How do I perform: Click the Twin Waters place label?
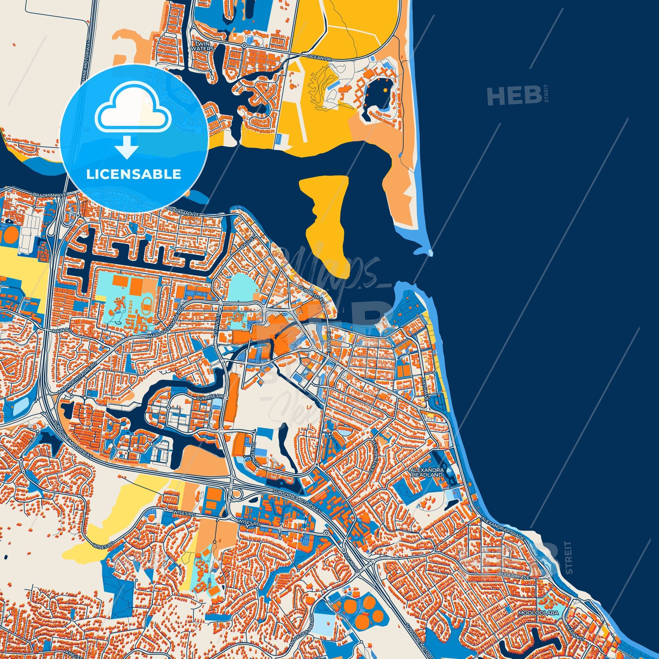coord(204,46)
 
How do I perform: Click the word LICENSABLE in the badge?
coord(134,174)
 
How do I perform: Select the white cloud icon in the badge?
coord(134,112)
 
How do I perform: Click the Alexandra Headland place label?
coord(427,472)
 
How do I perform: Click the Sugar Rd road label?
coord(352,561)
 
